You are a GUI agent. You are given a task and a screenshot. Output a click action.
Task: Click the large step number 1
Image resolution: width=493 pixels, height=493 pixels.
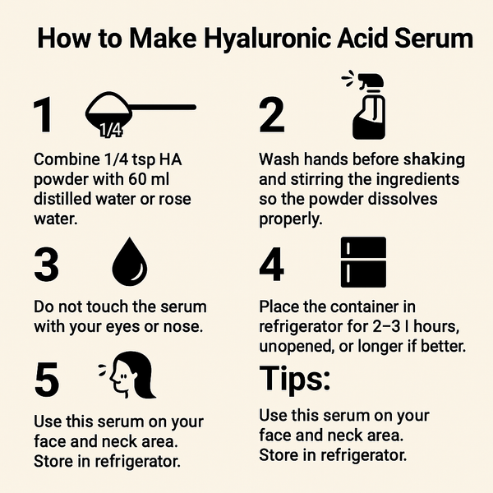pos(43,117)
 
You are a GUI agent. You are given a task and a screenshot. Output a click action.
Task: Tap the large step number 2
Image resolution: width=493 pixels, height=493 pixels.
pos(271,117)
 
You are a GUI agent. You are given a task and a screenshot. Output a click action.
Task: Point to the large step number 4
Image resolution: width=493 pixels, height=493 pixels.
pos(272,265)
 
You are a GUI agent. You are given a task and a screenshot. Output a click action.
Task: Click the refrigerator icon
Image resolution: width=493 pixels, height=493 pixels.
pos(362,263)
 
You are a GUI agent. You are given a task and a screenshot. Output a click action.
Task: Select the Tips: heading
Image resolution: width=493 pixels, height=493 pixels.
pos(295,379)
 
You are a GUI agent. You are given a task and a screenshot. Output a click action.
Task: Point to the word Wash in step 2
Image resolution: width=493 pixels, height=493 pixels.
pos(278,159)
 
